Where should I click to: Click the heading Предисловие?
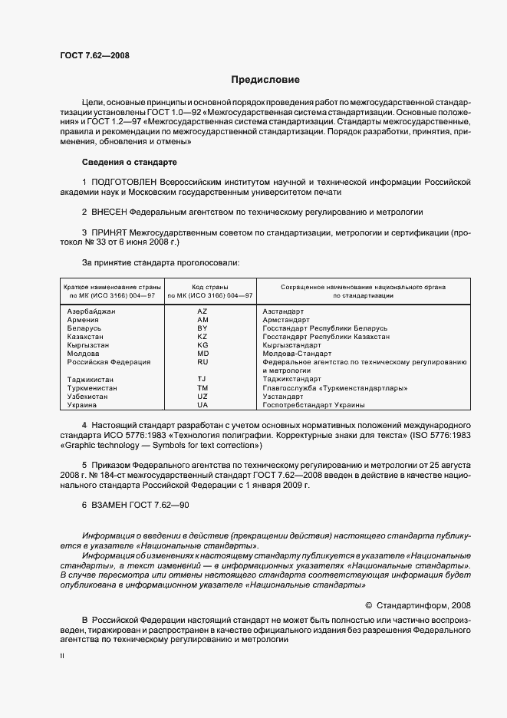(266, 79)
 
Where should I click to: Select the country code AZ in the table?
(202, 311)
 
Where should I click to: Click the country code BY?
(202, 328)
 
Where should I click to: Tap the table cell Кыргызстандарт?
(294, 345)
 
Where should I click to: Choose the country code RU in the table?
(202, 361)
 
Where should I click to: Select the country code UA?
(202, 404)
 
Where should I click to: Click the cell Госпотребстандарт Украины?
(313, 404)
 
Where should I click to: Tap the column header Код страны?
(202, 286)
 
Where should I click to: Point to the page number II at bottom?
(63, 657)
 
